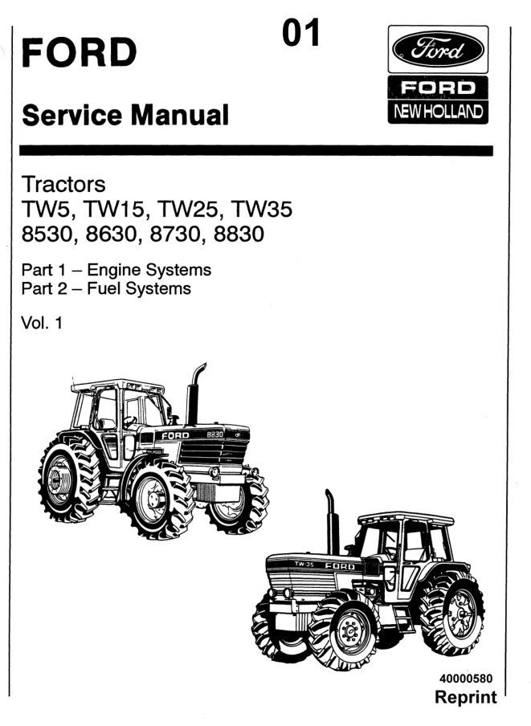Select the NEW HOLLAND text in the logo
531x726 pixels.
438,111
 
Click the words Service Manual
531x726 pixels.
125,115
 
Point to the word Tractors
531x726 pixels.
63,184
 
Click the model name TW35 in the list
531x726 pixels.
261,210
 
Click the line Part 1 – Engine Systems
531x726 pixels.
116,269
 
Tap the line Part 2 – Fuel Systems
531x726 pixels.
107,288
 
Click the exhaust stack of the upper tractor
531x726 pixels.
194,394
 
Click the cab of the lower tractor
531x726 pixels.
402,546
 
